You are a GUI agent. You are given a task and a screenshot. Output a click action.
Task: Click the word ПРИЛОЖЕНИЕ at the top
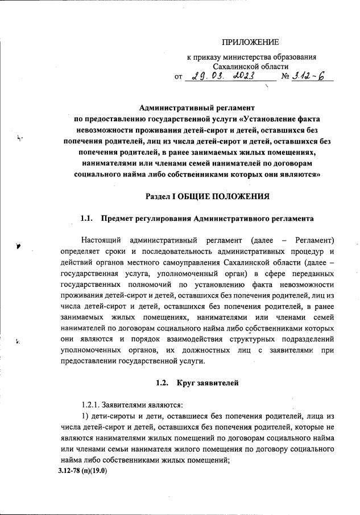tap(250, 42)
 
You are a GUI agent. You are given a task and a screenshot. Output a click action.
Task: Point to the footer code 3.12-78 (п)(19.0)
tap(82, 471)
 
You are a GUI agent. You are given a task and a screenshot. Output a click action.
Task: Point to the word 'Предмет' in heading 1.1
tap(118, 219)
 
